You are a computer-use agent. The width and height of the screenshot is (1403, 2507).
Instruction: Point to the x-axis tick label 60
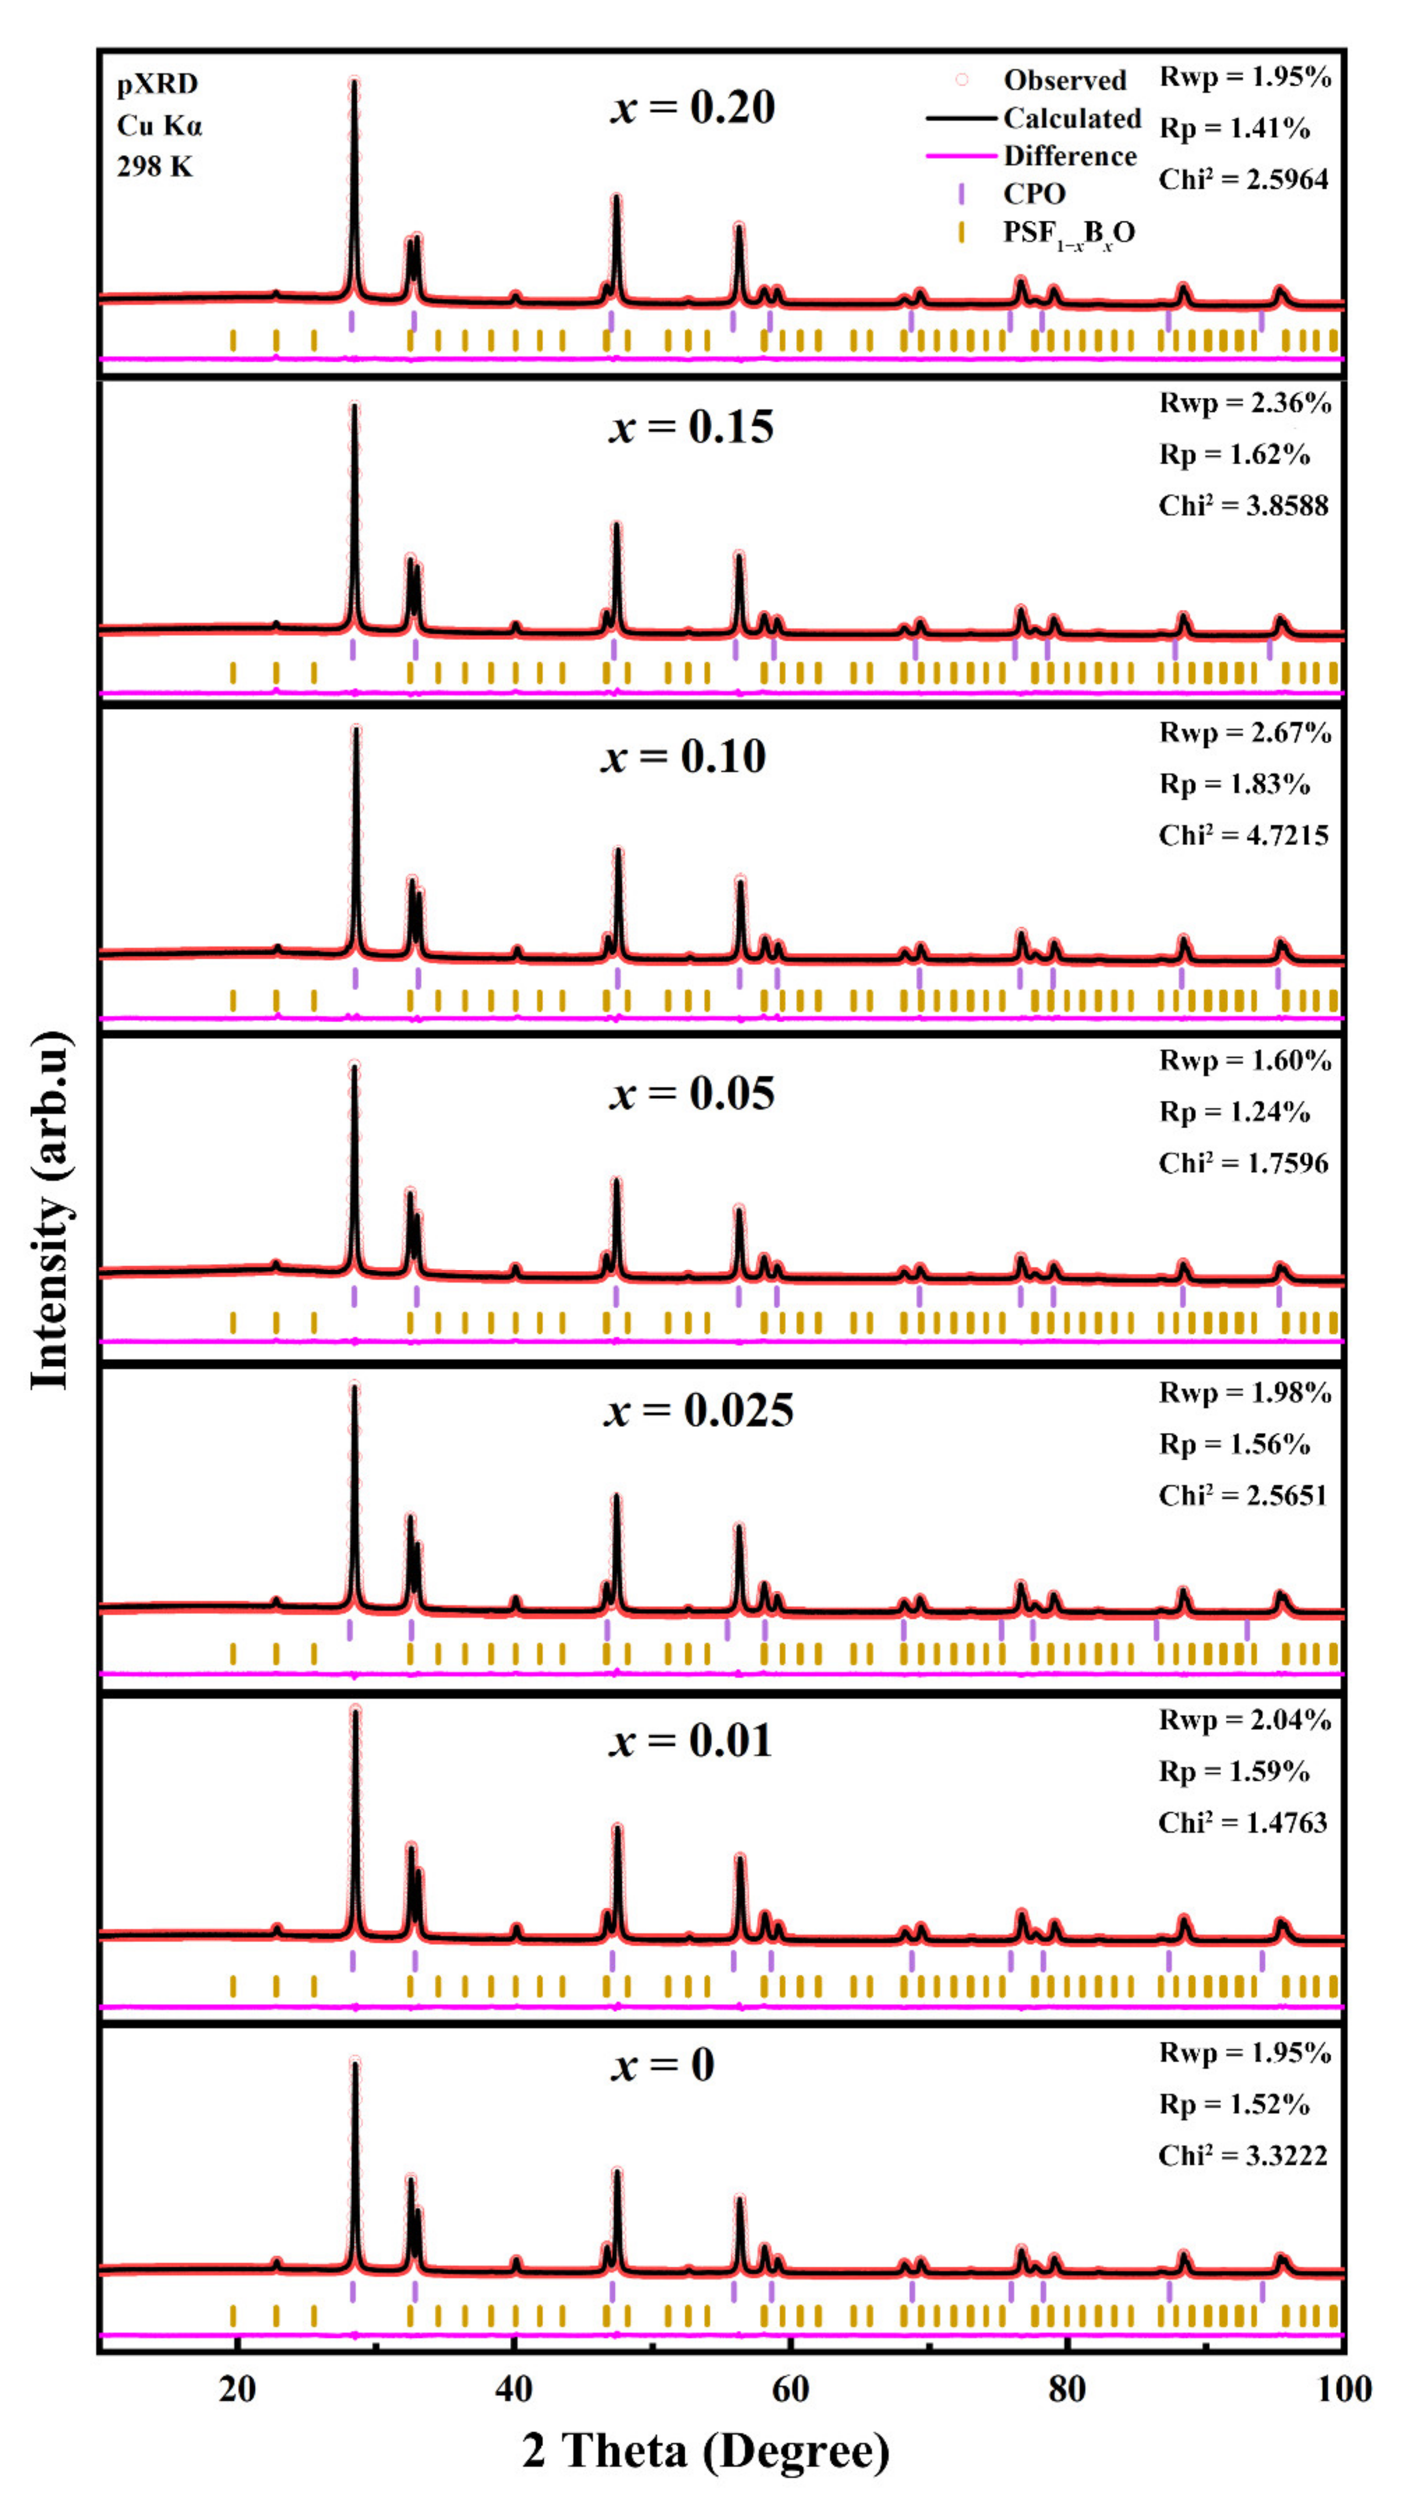coord(790,2388)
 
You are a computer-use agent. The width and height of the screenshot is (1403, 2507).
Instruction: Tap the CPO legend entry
coord(1034,194)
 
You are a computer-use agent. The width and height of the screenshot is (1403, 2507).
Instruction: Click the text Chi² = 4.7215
coord(1243,835)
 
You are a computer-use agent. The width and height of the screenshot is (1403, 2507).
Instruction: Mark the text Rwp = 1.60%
coord(1244,1060)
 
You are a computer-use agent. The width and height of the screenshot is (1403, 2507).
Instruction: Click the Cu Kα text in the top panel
coord(160,126)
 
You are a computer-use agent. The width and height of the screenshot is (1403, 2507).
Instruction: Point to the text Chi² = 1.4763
coord(1242,1822)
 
